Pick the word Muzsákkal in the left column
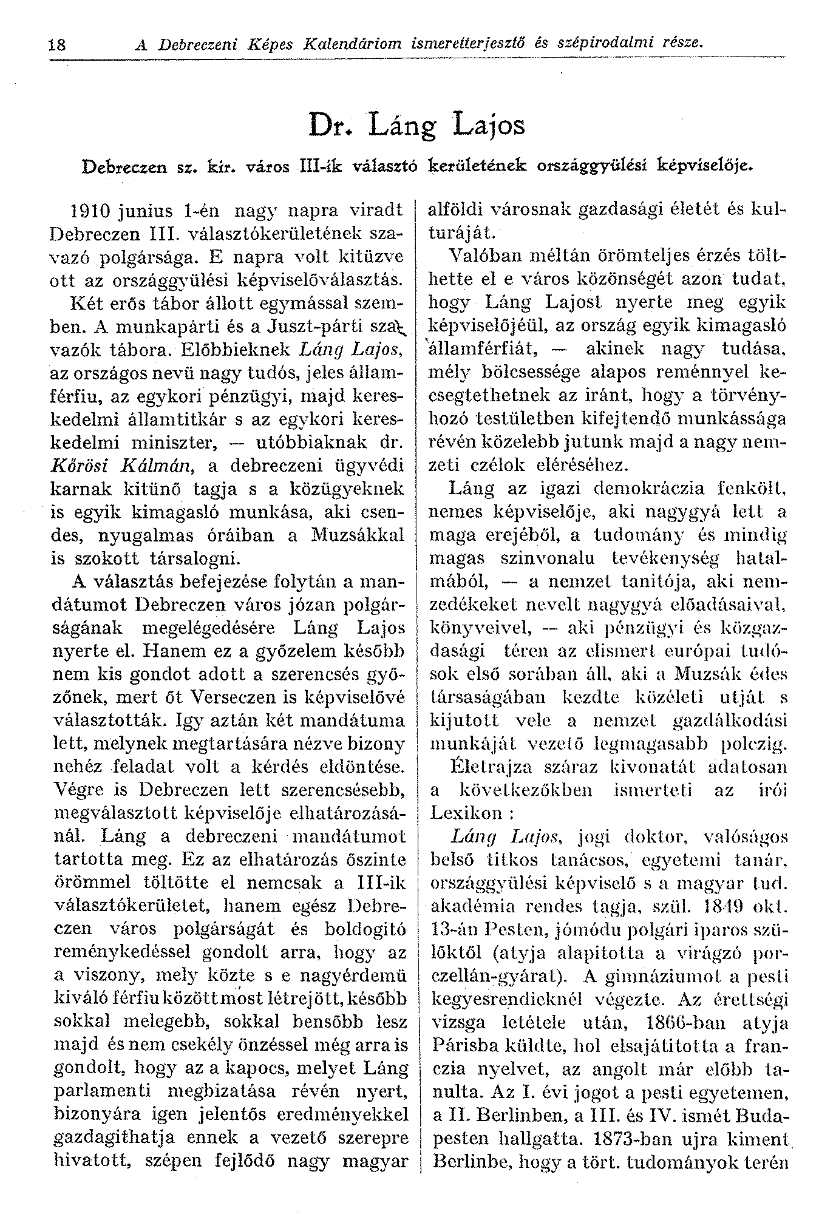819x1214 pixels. pos(357,535)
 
